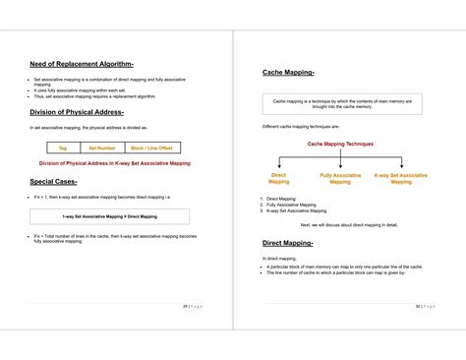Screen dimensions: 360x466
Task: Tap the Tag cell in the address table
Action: [62, 148]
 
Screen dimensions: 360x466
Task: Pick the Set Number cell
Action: [103, 148]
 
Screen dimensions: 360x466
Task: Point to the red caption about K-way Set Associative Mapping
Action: [114, 163]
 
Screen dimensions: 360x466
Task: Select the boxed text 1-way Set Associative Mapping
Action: [109, 216]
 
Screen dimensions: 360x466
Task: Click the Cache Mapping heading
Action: [288, 72]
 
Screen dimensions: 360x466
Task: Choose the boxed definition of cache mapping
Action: [340, 103]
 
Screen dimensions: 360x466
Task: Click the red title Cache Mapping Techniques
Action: [340, 144]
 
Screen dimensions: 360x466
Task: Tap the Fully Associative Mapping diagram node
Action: [340, 178]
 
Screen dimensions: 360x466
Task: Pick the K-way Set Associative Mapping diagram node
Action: [401, 178]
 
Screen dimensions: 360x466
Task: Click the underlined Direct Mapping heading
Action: [287, 242]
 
